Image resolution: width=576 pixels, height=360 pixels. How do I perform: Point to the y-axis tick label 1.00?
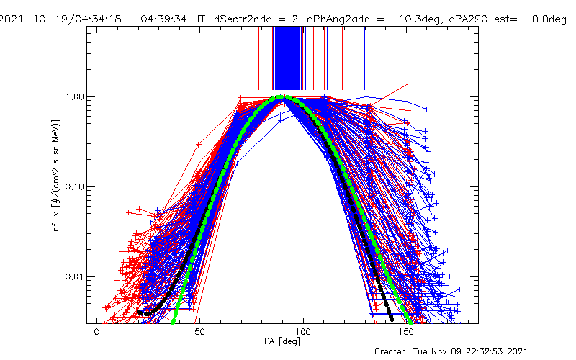[75, 96]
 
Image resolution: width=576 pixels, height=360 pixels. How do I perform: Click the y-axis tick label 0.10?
[75, 186]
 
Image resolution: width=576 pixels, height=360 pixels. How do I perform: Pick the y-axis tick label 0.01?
[75, 276]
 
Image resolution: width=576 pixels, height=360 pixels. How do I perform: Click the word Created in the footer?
[395, 351]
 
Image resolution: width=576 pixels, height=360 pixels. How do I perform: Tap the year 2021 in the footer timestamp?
[524, 351]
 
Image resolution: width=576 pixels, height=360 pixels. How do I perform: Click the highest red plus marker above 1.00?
[408, 84]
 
